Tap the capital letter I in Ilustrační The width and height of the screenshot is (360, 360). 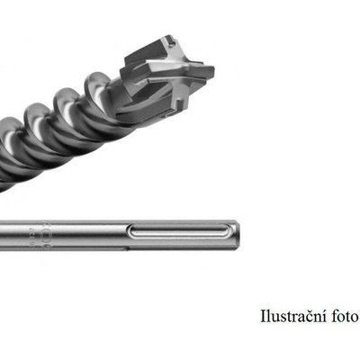click(x=263, y=317)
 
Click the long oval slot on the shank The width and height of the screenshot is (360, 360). click(x=181, y=232)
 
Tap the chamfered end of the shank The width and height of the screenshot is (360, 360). click(x=237, y=235)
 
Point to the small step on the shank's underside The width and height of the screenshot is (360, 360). click(x=127, y=248)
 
